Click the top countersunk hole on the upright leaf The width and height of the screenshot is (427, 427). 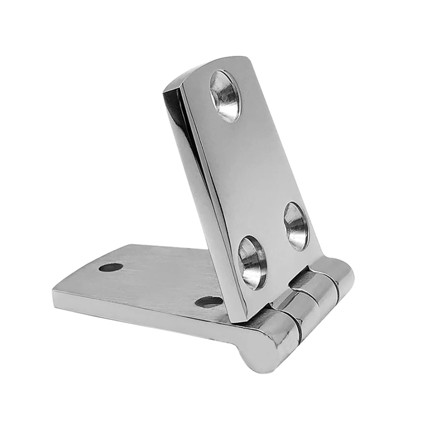(x=226, y=96)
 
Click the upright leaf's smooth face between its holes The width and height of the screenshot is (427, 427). (x=256, y=171)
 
